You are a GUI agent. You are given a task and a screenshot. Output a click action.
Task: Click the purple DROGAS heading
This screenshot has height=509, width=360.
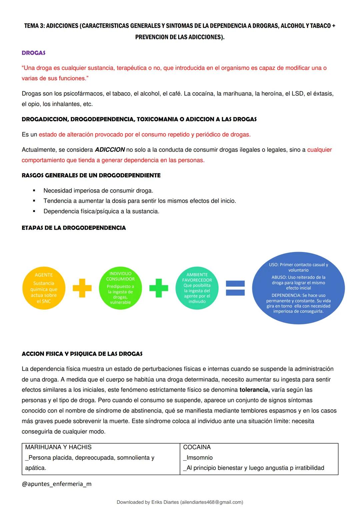pyautogui.click(x=33, y=53)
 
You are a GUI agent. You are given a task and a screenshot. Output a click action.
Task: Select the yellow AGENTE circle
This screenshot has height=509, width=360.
pyautogui.click(x=44, y=288)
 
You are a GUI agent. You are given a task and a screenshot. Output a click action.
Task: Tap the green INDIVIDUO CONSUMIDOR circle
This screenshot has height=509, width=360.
pyautogui.click(x=120, y=288)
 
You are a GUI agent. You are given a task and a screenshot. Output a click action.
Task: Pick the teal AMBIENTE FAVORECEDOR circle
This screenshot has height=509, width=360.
pyautogui.click(x=197, y=288)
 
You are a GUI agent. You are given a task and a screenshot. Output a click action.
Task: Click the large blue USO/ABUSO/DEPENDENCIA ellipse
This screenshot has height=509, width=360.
pyautogui.click(x=298, y=288)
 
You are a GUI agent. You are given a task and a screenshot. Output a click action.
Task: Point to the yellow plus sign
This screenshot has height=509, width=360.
pyautogui.click(x=82, y=288)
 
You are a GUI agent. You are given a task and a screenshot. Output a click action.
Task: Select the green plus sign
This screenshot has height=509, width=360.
pyautogui.click(x=159, y=288)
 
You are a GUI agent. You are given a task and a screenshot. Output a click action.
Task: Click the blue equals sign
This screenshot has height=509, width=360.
pyautogui.click(x=235, y=288)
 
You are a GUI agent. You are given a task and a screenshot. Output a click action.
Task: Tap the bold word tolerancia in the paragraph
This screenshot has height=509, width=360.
pyautogui.click(x=254, y=390)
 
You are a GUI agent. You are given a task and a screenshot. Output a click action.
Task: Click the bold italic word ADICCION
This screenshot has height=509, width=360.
pyautogui.click(x=110, y=150)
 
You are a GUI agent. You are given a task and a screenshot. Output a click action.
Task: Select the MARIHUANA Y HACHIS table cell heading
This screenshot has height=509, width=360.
pyautogui.click(x=58, y=447)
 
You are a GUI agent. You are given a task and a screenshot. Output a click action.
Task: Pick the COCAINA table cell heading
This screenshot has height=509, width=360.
pyautogui.click(x=197, y=447)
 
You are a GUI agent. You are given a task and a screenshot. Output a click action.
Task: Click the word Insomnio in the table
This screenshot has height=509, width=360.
pyautogui.click(x=199, y=458)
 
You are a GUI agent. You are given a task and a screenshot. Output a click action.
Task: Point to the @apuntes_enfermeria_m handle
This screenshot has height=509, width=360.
pyautogui.click(x=56, y=484)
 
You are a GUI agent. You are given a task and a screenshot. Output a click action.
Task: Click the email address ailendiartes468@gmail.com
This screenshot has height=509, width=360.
pyautogui.click(x=211, y=502)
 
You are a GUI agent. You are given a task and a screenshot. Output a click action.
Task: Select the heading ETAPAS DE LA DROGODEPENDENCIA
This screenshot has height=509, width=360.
pyautogui.click(x=74, y=228)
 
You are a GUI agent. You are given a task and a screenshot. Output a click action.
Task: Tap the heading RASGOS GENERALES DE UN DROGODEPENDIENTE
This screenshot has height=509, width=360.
pyautogui.click(x=91, y=175)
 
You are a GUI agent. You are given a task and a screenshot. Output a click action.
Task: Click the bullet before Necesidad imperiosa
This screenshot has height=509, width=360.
pyautogui.click(x=34, y=191)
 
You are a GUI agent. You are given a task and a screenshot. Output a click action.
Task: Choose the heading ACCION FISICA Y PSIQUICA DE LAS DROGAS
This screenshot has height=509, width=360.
pyautogui.click(x=82, y=354)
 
